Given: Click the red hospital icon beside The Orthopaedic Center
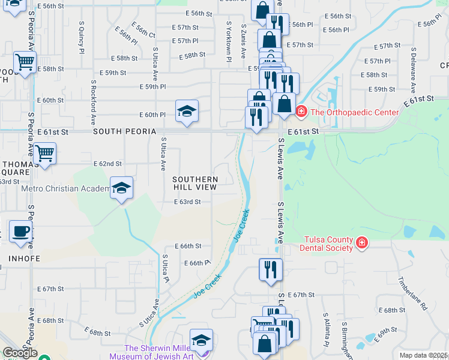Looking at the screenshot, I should pos(301,112).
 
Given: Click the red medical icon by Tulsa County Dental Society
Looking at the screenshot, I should pos(362,242).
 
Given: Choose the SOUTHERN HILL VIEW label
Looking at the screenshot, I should pos(195,183).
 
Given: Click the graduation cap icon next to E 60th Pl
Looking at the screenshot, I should pos(187,110).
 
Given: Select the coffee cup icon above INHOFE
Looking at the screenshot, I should pos(20,232).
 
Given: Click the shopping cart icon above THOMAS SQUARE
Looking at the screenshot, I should pos(45,154).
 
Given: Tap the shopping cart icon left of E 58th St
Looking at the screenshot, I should pos(25,62).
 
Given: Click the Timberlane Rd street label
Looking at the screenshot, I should pos(415,293).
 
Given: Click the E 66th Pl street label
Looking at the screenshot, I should pos(197,263).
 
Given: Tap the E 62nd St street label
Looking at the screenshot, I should pos(108,163).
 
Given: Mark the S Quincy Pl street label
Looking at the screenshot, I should pos(81,41).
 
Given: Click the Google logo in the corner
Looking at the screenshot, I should pos(20,353).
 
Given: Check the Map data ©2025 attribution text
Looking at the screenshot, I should pos(423,355).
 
